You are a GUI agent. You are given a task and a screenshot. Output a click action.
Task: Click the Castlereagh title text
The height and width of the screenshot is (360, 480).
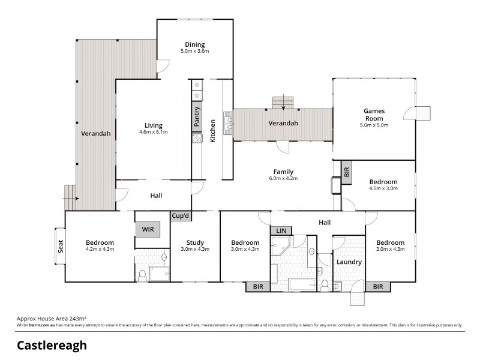[52, 345]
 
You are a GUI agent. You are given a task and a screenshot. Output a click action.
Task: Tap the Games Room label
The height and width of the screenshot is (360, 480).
[374, 115]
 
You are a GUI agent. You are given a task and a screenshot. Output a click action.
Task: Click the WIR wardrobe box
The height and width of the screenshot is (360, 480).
[148, 229]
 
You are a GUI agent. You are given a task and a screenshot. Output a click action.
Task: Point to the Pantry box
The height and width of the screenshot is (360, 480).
[197, 117]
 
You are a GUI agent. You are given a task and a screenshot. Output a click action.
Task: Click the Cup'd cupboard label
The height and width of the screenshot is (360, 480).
[181, 216]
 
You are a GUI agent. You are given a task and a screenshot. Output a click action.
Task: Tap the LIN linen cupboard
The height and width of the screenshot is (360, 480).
[281, 230]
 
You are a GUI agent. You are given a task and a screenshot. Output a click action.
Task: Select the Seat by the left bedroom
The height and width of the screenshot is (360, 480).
[60, 247]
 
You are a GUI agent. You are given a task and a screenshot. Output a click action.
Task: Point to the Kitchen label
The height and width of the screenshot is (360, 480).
[213, 131]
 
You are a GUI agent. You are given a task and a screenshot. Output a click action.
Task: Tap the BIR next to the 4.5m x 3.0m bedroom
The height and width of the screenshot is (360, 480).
[347, 171]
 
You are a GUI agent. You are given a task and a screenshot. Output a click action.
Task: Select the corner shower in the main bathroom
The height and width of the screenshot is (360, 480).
[280, 245]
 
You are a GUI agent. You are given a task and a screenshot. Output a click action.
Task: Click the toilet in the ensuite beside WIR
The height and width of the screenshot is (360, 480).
[142, 275]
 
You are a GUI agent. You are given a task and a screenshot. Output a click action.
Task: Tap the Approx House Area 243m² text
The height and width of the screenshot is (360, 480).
[51, 319]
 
